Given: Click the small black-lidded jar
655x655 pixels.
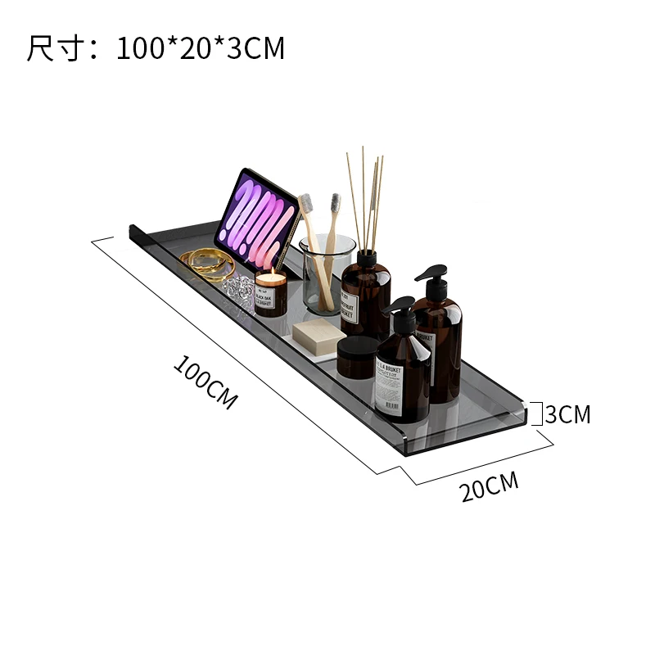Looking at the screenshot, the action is pos(357,357).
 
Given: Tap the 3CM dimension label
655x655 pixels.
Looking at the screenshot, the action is pos(568,414).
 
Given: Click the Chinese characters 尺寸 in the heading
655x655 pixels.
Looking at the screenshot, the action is pos(52,48).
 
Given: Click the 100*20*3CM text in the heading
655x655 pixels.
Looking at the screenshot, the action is pos(200,48).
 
